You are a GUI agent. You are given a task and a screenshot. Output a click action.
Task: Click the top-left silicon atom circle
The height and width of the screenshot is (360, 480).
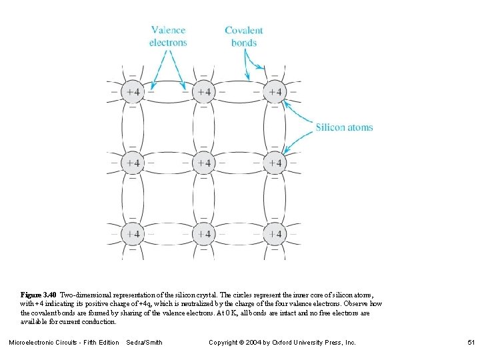(x=133, y=92)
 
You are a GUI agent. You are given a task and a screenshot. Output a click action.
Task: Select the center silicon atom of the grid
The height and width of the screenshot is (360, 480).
(x=203, y=163)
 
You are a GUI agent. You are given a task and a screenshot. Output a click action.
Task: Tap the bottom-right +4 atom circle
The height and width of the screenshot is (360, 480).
(x=274, y=234)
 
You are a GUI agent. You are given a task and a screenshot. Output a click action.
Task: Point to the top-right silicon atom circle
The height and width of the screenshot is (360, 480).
(x=274, y=92)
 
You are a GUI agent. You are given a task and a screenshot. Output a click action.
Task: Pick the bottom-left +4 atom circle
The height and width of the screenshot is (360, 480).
(x=133, y=234)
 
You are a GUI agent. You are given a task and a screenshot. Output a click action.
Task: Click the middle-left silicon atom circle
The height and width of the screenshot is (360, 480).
(x=133, y=163)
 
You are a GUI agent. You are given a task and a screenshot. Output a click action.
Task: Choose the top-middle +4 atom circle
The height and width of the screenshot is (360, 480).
(x=203, y=92)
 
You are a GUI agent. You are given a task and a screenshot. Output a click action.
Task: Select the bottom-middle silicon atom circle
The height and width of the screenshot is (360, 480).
(x=203, y=234)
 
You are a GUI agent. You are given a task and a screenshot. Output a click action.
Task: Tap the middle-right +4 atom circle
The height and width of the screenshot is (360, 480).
(x=274, y=163)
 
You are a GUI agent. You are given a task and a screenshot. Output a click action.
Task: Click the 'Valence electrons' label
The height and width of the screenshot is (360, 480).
(x=168, y=36)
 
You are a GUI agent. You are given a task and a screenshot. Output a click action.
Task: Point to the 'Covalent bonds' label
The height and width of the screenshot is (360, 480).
(x=244, y=36)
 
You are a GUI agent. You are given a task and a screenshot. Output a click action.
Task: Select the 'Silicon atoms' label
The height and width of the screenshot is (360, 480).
(x=344, y=127)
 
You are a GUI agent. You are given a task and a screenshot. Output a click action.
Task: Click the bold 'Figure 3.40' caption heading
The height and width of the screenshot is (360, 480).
(x=39, y=294)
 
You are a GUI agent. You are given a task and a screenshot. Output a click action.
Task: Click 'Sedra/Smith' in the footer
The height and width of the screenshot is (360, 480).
(x=144, y=342)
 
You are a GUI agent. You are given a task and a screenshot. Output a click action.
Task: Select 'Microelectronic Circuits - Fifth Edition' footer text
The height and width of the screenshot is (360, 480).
(x=64, y=342)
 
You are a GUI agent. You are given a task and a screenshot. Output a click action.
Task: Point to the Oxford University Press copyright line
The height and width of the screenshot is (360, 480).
(x=283, y=342)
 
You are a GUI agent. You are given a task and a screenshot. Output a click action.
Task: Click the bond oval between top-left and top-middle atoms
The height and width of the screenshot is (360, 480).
(x=168, y=92)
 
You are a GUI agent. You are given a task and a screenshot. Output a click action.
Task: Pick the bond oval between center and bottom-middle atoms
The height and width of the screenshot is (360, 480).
(x=203, y=198)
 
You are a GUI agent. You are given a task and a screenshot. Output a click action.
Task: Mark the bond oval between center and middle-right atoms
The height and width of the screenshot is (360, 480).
(x=239, y=163)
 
